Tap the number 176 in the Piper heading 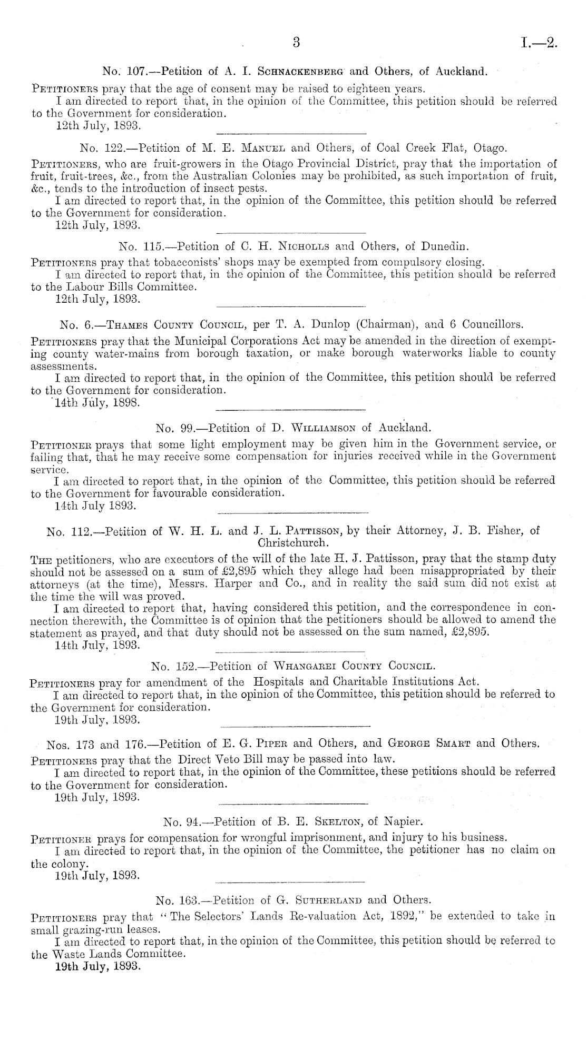pyautogui.click(x=139, y=744)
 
